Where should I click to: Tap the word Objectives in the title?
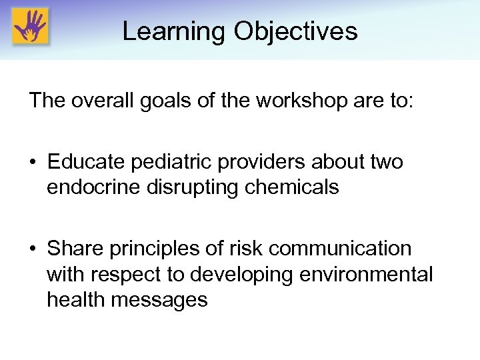295,31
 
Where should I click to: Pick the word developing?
255,274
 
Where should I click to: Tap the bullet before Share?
34,249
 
